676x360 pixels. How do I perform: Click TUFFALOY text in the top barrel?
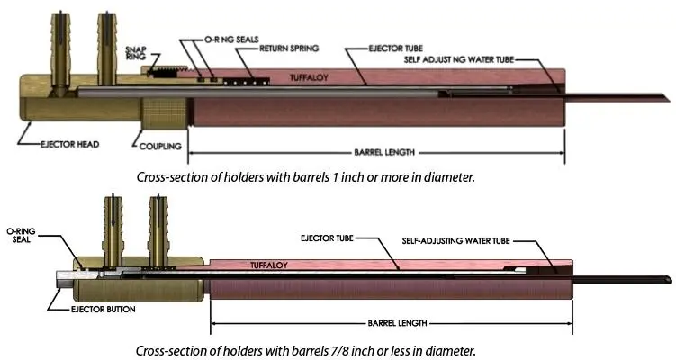[309, 79]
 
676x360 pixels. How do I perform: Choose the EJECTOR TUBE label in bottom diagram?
[326, 238]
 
